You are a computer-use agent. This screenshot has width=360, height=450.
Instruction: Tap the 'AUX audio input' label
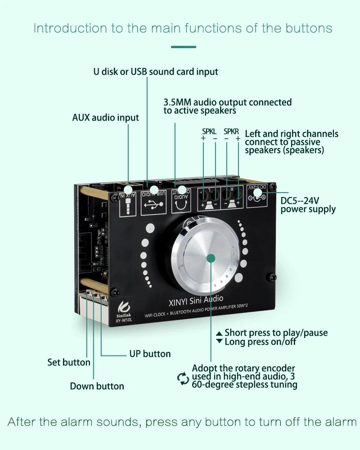click(106, 117)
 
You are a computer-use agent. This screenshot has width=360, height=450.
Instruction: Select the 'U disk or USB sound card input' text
click(156, 72)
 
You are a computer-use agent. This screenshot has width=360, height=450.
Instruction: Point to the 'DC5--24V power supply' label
click(308, 204)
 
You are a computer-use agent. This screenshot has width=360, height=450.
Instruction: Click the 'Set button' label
click(69, 362)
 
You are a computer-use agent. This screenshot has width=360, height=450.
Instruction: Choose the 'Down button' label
click(97, 386)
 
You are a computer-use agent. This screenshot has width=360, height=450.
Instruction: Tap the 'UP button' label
click(150, 354)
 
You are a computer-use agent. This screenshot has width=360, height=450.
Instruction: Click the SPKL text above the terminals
click(209, 131)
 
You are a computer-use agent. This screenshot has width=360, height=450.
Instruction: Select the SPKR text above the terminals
click(231, 131)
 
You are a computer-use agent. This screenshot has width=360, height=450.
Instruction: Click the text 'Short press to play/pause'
click(276, 333)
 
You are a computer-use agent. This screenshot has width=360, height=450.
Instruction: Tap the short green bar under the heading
click(184, 47)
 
